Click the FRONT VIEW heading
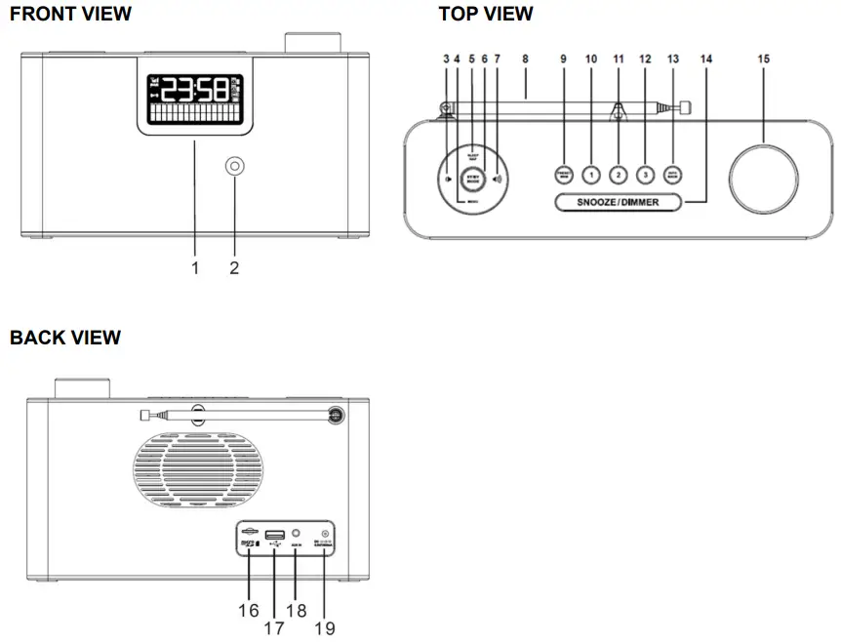(70, 14)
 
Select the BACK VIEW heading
(65, 338)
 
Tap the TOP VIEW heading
(486, 14)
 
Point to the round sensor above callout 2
(235, 167)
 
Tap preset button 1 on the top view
(591, 175)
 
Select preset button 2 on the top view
(618, 175)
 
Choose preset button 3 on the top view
(645, 175)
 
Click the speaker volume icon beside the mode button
(499, 179)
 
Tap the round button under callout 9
(564, 175)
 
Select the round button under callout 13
(673, 175)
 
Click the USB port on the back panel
(274, 534)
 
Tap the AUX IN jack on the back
(297, 534)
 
